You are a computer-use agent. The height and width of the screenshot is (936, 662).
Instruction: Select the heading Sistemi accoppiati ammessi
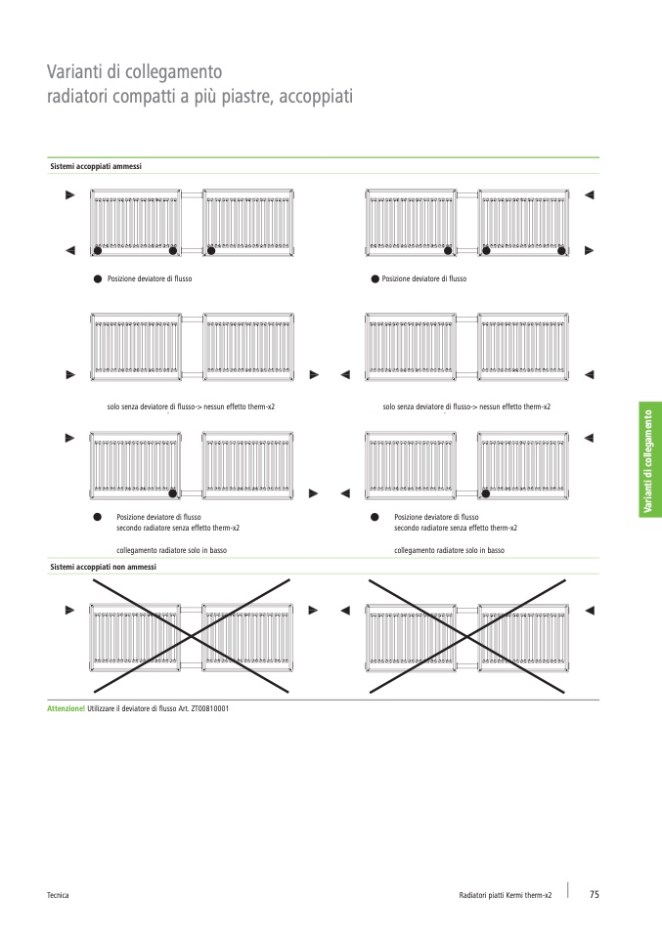pyautogui.click(x=96, y=167)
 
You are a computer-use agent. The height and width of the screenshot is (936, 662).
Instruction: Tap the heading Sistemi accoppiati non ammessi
pyautogui.click(x=103, y=567)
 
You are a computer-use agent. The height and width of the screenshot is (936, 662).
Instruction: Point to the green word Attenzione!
pyautogui.click(x=66, y=707)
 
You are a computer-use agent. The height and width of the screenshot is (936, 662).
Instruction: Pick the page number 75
pyautogui.click(x=594, y=894)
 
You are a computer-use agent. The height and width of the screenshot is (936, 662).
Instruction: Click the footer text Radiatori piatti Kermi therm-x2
pyautogui.click(x=506, y=895)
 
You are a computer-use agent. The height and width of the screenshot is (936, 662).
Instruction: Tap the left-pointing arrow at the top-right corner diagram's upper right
pyautogui.click(x=589, y=195)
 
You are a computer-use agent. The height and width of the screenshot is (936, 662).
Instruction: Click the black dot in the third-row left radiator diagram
pyautogui.click(x=173, y=492)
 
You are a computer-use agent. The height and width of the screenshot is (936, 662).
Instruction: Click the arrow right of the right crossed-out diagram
pyautogui.click(x=589, y=610)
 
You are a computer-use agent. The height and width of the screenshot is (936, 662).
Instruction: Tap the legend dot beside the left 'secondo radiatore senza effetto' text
pyautogui.click(x=97, y=517)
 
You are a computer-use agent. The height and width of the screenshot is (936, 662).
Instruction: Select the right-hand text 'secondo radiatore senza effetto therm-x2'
pyautogui.click(x=456, y=528)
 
